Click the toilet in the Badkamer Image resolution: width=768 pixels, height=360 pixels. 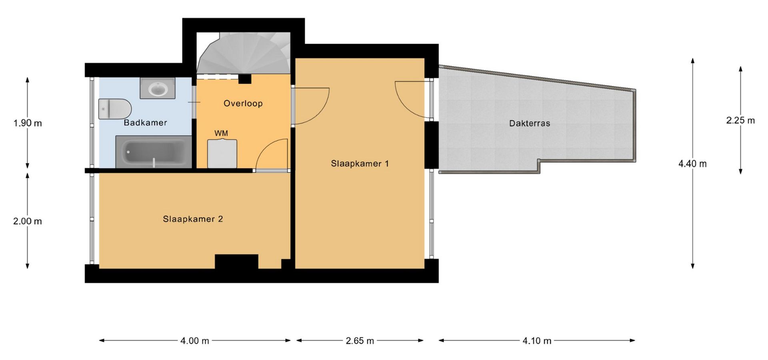tap(115, 109)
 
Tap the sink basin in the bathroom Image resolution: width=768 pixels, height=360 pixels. tap(157, 88)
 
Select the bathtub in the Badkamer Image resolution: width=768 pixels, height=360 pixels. tap(154, 152)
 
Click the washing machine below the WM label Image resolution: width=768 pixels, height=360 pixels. tap(222, 154)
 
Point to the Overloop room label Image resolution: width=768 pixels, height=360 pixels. tap(243, 103)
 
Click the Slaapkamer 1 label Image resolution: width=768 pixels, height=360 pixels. tap(360, 163)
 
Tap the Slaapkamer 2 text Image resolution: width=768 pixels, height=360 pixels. tap(193, 219)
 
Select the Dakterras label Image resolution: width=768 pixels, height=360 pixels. tap(530, 123)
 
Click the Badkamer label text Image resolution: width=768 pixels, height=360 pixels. tap(145, 122)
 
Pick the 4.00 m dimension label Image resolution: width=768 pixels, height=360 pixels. tap(195, 341)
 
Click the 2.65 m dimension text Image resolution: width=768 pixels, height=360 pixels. tap(360, 341)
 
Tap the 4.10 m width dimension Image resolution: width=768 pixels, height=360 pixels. tap(537, 341)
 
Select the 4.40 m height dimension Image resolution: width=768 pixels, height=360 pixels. tap(692, 164)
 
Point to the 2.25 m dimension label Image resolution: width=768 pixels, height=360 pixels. tap(740, 120)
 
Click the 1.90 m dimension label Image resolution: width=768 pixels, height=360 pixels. tap(28, 123)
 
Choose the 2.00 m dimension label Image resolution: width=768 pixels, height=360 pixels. tap(28, 221)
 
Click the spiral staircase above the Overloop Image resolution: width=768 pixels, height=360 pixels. tap(244, 53)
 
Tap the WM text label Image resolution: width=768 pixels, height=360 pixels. tap(221, 133)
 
